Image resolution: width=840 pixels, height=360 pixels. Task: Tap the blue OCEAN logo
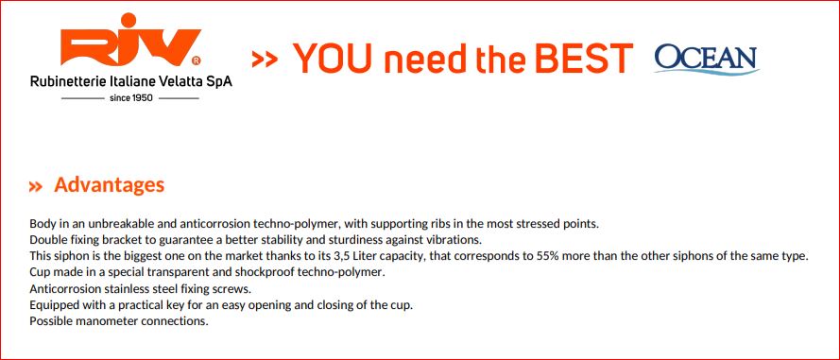coord(707,59)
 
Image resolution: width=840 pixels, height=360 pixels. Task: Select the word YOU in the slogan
coord(333,58)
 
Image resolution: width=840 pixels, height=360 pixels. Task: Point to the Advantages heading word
coord(110,185)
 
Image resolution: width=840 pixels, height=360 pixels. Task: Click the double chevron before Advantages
coord(36,186)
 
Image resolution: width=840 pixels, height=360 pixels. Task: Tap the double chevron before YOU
coord(265,60)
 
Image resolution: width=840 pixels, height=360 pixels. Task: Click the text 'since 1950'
coord(130,98)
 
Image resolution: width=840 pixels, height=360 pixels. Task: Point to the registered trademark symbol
coord(197,60)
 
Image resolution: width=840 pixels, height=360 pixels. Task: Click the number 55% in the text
coord(547,255)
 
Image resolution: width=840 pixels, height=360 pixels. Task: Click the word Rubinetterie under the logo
coord(61,82)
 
